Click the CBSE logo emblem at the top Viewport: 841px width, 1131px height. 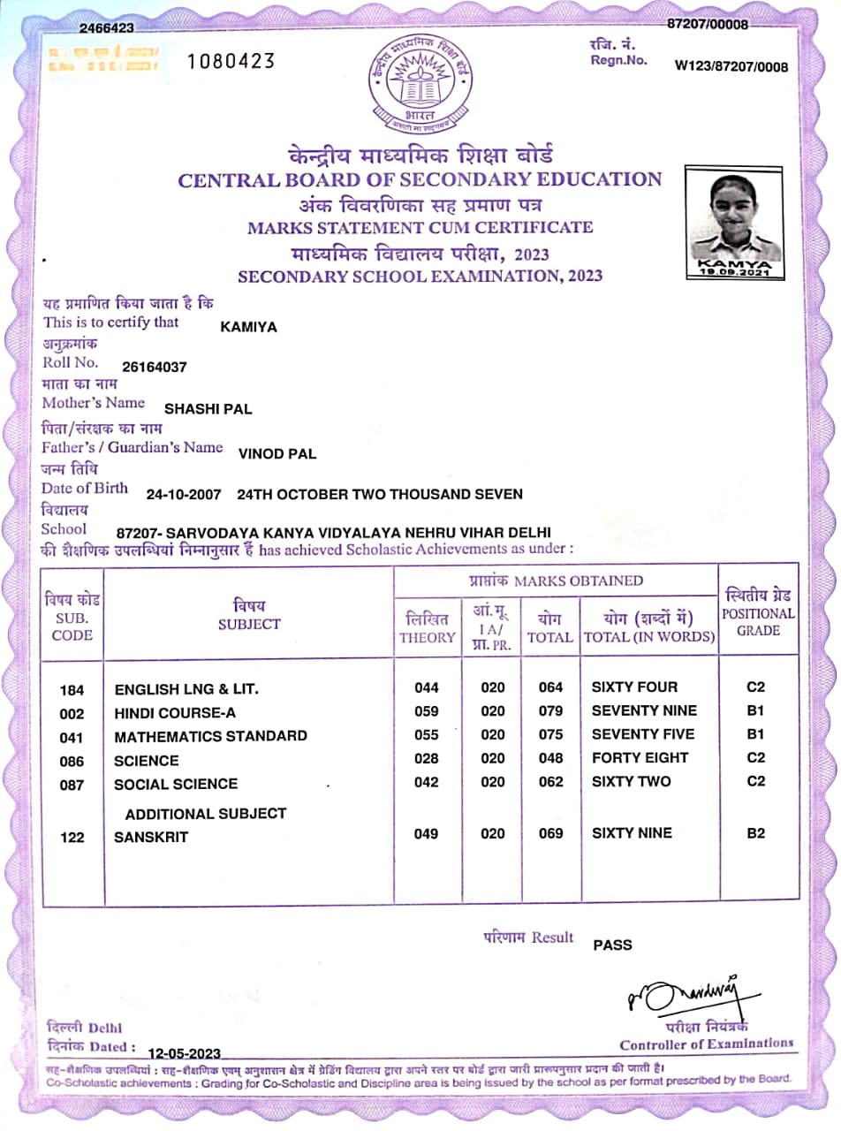point(420,85)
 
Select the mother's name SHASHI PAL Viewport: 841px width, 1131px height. point(208,408)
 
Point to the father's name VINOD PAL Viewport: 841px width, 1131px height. point(277,454)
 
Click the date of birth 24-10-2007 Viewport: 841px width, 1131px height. point(184,495)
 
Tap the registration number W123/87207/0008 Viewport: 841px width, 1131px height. point(731,66)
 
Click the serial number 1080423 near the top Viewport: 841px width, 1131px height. point(232,60)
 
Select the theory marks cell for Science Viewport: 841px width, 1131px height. point(426,758)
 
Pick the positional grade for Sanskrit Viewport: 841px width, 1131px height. point(755,832)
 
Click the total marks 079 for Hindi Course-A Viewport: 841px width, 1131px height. point(550,711)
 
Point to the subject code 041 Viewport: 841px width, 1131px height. point(72,737)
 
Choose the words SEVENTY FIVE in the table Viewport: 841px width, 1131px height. point(643,734)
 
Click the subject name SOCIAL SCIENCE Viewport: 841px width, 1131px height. point(176,784)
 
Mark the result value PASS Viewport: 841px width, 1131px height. point(612,945)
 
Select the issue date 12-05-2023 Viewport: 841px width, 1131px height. point(184,1053)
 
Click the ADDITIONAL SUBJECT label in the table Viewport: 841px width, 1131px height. point(206,813)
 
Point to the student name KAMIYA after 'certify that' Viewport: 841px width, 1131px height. point(248,327)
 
